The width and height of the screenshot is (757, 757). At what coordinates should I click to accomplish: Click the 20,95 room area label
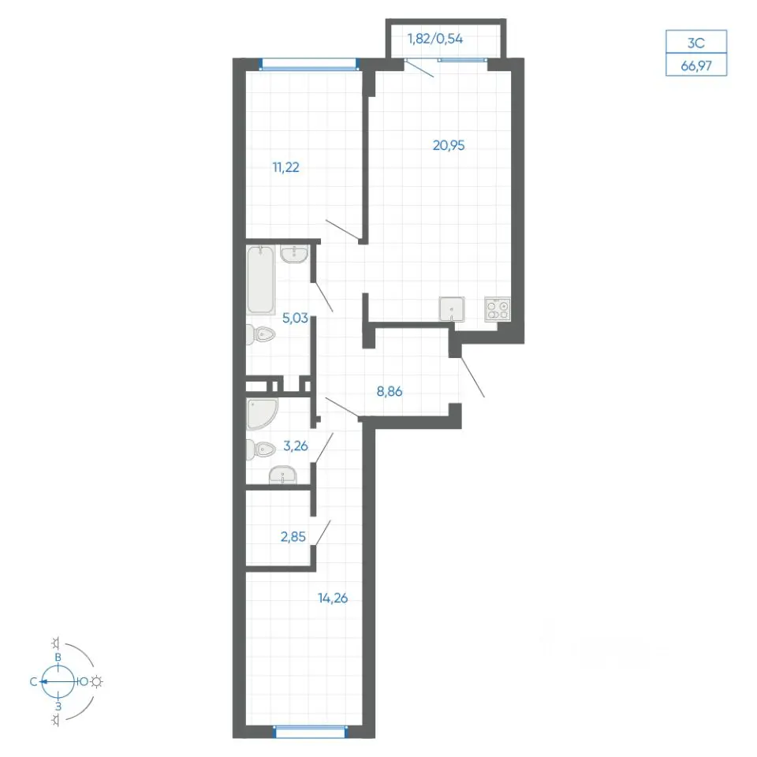[x=449, y=145]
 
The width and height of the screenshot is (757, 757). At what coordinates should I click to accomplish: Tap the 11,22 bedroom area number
[x=285, y=167]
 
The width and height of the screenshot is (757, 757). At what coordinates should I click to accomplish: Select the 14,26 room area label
[x=333, y=599]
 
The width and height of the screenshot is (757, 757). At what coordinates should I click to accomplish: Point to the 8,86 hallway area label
[x=389, y=392]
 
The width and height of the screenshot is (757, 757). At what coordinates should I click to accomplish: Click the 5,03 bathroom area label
[x=295, y=318]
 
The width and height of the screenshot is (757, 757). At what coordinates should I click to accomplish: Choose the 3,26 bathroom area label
[x=296, y=446]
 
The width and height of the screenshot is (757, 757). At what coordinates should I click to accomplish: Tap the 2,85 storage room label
[x=293, y=537]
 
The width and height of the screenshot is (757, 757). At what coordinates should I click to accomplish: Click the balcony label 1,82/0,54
[x=435, y=39]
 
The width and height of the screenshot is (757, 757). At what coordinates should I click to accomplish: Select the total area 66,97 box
[x=696, y=65]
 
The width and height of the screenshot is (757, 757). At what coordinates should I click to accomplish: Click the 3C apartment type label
[x=696, y=43]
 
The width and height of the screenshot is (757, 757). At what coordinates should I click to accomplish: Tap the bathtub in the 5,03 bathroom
[x=261, y=280]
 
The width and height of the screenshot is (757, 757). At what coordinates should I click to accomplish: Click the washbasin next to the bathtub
[x=294, y=255]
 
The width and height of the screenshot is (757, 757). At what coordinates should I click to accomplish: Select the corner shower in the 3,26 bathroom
[x=261, y=414]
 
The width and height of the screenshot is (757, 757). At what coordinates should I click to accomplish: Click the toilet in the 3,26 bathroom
[x=260, y=449]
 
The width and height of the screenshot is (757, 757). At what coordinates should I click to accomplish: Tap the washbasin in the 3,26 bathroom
[x=283, y=475]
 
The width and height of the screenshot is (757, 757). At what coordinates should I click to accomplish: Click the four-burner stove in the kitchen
[x=498, y=309]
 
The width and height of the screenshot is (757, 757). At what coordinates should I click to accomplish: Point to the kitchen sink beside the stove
[x=451, y=309]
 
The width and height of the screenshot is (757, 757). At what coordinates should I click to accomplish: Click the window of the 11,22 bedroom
[x=309, y=64]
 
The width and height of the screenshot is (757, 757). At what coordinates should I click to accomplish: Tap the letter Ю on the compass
[x=84, y=681]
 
